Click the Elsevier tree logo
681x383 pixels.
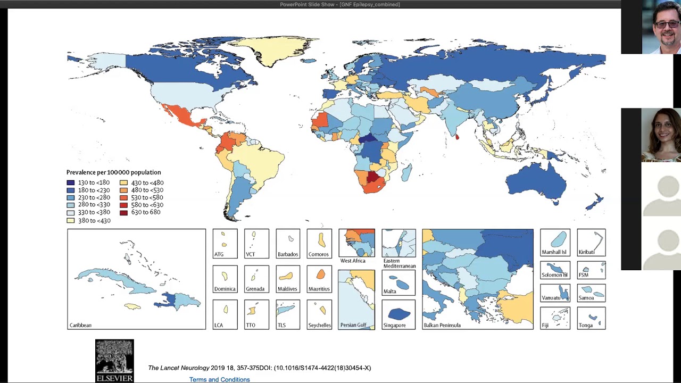click(x=114, y=357)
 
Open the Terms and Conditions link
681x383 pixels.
click(x=219, y=379)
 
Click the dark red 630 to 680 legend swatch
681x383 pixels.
click(x=123, y=213)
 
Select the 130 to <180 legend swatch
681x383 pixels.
click(x=70, y=182)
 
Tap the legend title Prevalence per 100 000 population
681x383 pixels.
click(x=113, y=172)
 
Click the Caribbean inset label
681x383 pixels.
click(x=80, y=325)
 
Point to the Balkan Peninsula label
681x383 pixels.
click(x=442, y=325)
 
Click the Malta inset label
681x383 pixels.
click(x=389, y=291)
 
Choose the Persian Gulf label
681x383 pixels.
click(x=353, y=325)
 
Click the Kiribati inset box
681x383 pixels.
click(x=591, y=243)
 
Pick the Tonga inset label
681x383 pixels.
click(x=585, y=325)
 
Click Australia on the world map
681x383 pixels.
click(x=535, y=181)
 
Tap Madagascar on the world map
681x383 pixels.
click(x=406, y=172)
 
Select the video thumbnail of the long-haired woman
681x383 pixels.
click(x=660, y=135)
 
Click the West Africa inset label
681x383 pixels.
click(x=353, y=261)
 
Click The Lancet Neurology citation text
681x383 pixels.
click(x=259, y=368)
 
